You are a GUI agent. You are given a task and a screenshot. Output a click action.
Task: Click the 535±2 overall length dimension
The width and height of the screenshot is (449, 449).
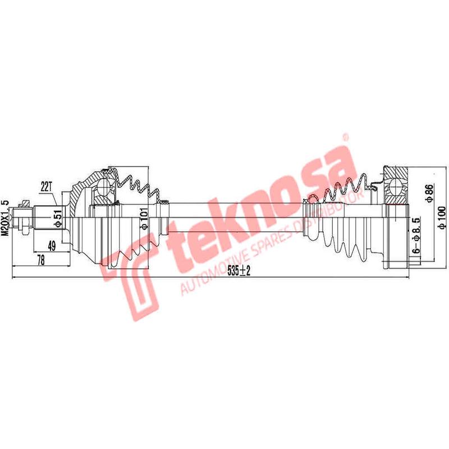coord(239,271)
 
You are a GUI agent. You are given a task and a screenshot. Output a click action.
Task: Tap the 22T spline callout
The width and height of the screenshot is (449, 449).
coord(47,185)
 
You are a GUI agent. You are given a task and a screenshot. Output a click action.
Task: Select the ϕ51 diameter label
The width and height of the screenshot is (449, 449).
coord(57,216)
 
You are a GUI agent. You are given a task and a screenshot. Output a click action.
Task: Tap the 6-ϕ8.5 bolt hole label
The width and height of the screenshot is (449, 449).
coord(416,238)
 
